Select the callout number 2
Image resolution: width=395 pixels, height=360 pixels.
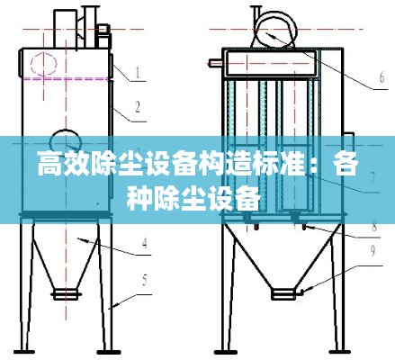137,109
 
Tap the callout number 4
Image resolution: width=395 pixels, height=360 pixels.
144,242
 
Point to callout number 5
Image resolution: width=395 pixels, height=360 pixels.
145,278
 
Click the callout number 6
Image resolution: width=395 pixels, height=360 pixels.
381,79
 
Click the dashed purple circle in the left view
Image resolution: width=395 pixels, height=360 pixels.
40,64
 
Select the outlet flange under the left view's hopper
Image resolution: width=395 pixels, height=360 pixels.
66,293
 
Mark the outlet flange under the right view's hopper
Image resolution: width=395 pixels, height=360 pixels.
282,293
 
